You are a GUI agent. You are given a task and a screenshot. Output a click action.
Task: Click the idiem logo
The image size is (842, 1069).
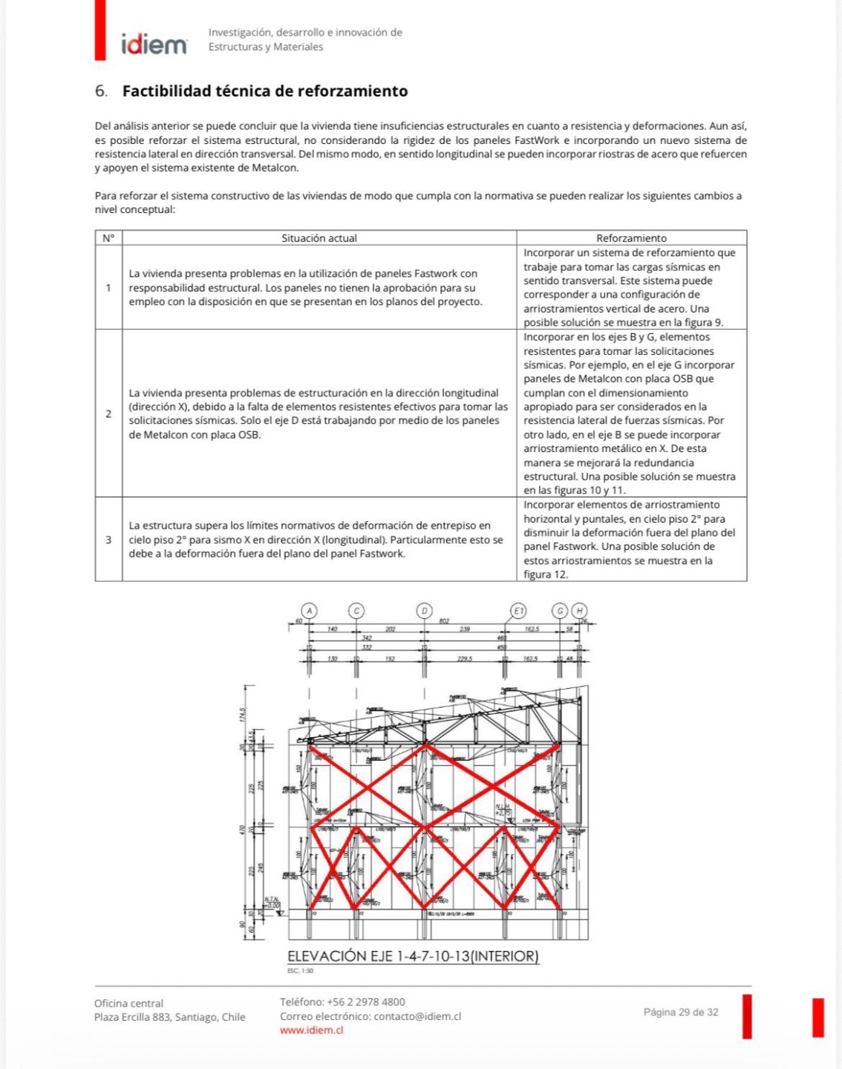[x=154, y=45]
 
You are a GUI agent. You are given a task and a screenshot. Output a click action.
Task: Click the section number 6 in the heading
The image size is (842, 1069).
[x=101, y=91]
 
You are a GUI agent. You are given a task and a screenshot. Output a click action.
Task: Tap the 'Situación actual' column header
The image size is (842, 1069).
[x=319, y=238]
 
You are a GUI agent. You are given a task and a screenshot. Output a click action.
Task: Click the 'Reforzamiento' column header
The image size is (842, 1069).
[x=631, y=238]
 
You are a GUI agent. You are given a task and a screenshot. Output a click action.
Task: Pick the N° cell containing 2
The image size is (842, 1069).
[x=108, y=413]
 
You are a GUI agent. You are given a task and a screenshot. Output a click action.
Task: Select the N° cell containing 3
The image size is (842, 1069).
[x=108, y=540]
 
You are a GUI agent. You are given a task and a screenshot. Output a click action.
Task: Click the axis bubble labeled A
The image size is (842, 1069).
[x=310, y=611]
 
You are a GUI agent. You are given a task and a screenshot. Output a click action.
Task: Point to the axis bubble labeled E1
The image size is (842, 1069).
[x=518, y=611]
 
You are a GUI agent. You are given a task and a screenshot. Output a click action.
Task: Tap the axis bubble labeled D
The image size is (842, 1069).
[x=424, y=611]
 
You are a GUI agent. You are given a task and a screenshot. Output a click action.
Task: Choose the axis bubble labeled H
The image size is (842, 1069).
[x=579, y=611]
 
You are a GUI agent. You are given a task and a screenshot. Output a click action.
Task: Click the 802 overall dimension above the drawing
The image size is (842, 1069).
[x=444, y=621]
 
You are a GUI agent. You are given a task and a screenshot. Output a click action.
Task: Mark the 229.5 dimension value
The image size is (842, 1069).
[x=465, y=658]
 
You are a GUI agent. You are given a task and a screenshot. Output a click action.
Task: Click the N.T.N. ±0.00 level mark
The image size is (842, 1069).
[x=272, y=902]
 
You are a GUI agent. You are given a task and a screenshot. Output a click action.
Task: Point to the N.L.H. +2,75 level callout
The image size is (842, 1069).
[x=503, y=810]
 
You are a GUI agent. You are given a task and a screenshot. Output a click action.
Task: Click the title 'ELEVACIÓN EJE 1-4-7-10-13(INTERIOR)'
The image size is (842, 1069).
[x=413, y=956]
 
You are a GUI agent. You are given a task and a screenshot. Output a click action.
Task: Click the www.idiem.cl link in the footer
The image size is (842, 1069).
[x=311, y=1030]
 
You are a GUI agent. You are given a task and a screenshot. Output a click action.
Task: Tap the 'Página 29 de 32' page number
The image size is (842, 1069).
[x=681, y=1012]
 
